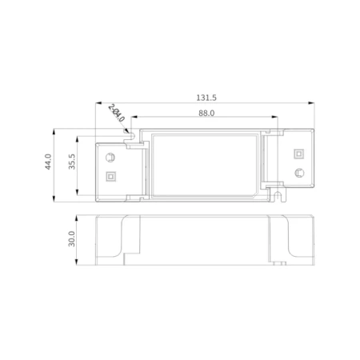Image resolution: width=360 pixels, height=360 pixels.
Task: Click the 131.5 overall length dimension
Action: (x=206, y=97)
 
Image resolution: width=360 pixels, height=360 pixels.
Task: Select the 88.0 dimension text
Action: (x=206, y=114)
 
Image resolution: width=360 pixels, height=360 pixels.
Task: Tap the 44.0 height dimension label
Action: (x=48, y=162)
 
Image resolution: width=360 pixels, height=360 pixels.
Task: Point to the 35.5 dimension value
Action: (x=71, y=162)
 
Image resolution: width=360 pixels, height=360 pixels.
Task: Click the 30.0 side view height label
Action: (x=71, y=238)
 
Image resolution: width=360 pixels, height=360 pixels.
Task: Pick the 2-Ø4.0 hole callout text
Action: (x=117, y=113)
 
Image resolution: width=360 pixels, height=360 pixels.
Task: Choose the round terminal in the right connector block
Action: (x=298, y=171)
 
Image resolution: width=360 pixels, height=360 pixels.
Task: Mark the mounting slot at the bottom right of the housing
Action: (x=278, y=194)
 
